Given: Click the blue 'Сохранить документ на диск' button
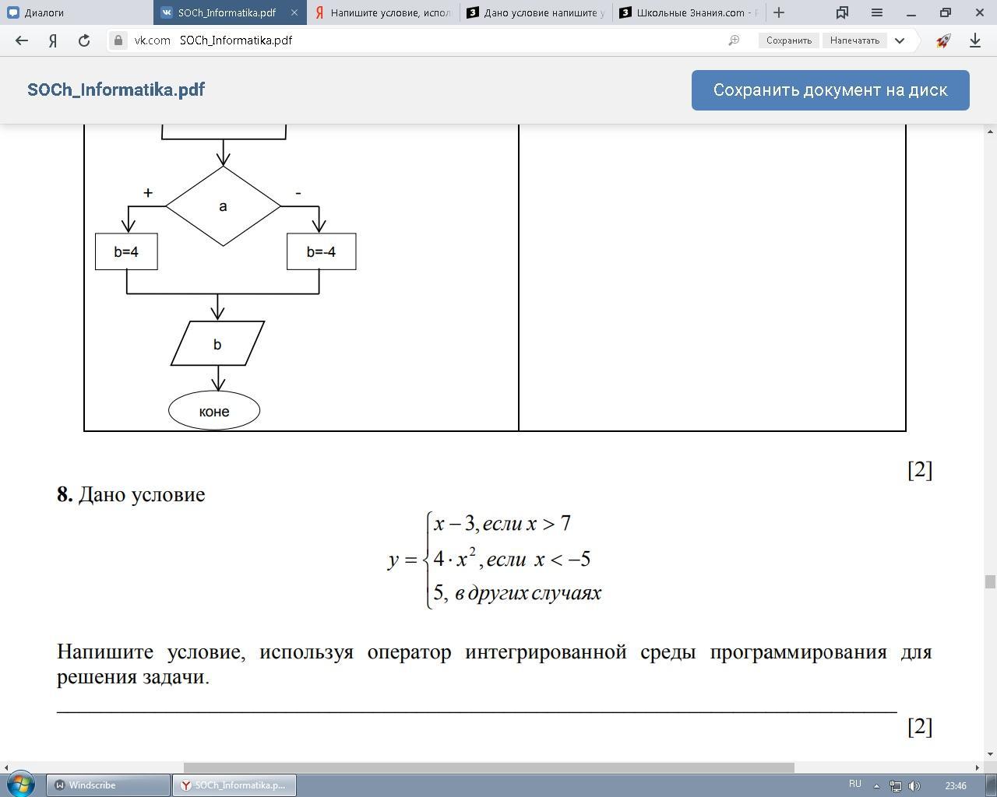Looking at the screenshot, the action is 830,90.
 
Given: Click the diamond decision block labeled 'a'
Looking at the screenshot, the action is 223,206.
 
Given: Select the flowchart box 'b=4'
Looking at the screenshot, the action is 126,251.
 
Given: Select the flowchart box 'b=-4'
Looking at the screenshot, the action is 321,251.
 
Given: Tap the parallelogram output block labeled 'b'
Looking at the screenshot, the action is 217,344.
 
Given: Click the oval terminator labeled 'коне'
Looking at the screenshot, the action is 214,411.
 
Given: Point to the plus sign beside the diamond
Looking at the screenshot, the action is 148,192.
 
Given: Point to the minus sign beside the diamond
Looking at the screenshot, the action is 298,192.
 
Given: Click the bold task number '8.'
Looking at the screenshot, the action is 65,495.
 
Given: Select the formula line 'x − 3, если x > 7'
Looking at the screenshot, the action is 502,524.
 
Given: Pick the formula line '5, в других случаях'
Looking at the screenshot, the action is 517,593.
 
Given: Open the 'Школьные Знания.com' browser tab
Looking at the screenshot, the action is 689,12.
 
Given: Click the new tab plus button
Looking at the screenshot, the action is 779,12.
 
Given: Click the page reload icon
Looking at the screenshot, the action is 84,40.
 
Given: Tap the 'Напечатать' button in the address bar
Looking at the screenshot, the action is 854,40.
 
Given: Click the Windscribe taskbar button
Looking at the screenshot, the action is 108,785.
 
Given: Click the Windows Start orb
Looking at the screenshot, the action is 21,784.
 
